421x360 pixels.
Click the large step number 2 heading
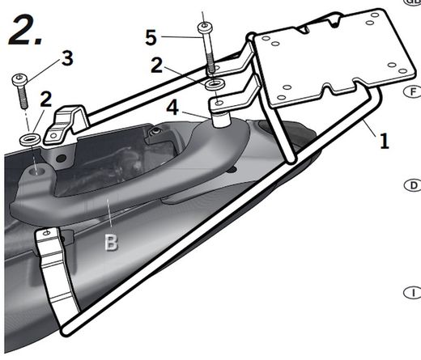point(25,30)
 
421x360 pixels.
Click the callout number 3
point(67,58)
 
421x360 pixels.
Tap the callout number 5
point(151,37)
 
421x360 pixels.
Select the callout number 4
point(172,108)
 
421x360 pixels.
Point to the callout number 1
point(385,141)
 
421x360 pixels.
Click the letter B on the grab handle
point(112,242)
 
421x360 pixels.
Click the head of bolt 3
point(19,79)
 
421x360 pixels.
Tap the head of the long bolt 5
point(205,27)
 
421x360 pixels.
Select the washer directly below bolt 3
point(30,139)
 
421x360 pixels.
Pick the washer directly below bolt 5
point(215,84)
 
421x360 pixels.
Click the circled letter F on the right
point(413,91)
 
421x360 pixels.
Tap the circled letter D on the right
point(413,185)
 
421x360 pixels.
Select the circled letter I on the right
point(413,293)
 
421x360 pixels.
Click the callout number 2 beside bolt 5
point(157,66)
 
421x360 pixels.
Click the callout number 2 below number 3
point(46,100)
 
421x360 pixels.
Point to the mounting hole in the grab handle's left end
point(37,171)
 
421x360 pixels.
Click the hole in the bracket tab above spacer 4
point(219,103)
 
